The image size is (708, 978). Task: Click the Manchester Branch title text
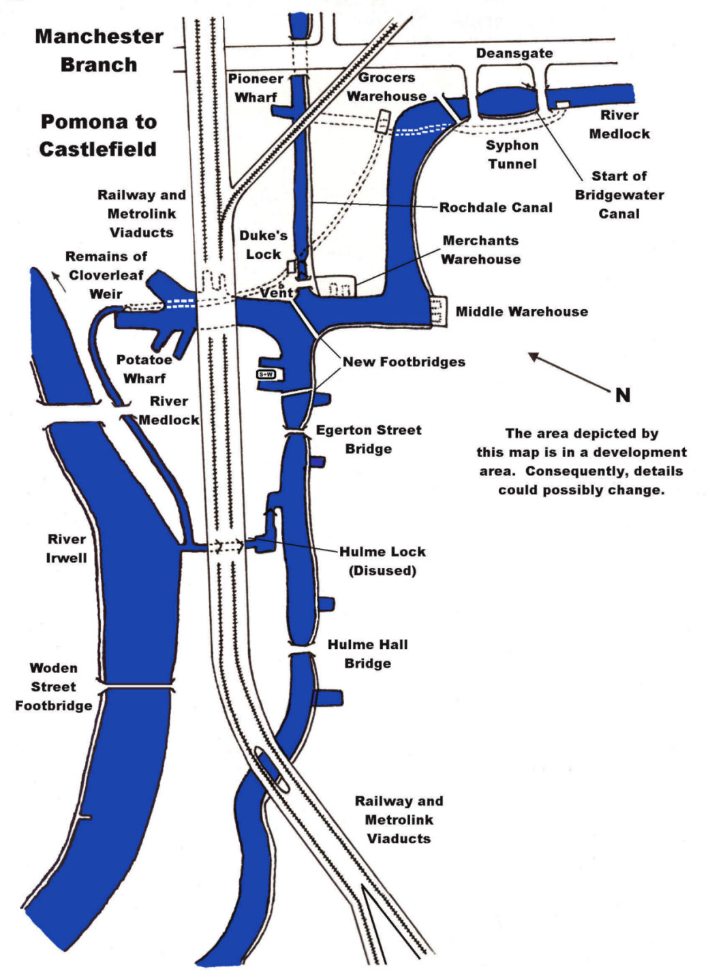pos(99,50)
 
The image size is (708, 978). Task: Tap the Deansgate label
pos(514,53)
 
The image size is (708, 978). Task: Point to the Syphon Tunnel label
pos(512,155)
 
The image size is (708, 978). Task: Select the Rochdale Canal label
pos(495,208)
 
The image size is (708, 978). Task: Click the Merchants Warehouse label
pos(480,250)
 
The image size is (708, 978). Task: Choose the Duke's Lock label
pos(263,245)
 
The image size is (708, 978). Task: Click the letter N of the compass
pos(622,395)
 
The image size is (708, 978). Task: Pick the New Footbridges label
pos(403,362)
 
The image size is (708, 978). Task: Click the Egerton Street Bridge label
pos(368,439)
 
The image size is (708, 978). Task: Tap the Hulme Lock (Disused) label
pos(382,561)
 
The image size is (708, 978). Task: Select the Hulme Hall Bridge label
pos(367,654)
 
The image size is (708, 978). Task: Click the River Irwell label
pos(66,548)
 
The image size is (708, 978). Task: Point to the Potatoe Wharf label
pos(144,368)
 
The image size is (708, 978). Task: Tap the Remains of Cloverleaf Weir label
pos(106,275)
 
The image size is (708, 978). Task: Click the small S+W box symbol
pos(265,375)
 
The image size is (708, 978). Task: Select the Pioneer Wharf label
pos(256,88)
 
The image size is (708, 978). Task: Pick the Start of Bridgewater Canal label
pos(619,195)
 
